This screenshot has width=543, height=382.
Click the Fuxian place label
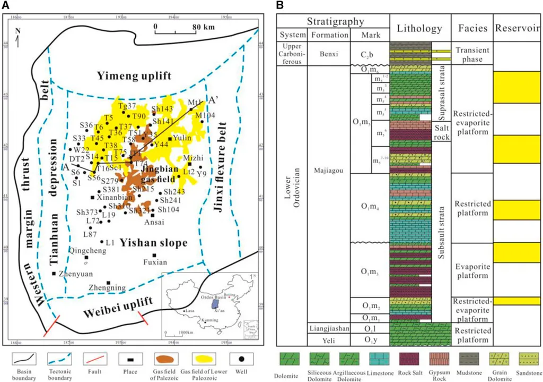[x=155, y=262]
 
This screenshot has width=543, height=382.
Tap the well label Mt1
[x=195, y=102]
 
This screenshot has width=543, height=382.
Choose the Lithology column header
[x=419, y=28]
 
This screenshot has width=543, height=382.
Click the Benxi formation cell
[x=329, y=54]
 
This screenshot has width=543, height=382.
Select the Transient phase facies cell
[x=471, y=54]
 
